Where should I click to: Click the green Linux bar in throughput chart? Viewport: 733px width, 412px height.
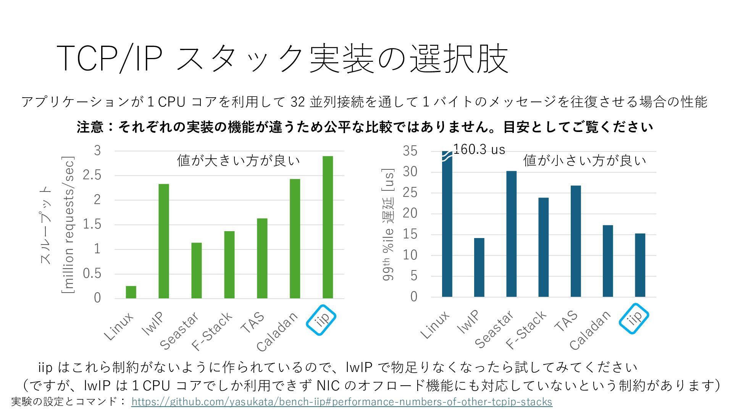pos(131,292)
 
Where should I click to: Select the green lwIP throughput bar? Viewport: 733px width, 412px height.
pos(164,241)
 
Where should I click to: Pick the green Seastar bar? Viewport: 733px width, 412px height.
pos(197,270)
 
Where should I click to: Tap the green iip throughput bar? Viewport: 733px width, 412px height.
pos(328,227)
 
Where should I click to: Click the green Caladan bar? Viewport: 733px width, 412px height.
pos(295,238)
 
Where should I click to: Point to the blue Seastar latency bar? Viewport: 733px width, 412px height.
pos(511,234)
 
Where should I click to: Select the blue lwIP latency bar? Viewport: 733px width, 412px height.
pos(479,267)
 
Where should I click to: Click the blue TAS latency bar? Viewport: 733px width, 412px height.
pos(576,241)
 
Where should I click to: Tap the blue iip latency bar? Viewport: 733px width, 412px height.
pos(640,265)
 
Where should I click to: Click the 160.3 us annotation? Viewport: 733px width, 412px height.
pos(479,150)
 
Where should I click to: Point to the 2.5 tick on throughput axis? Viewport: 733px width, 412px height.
pos(92,175)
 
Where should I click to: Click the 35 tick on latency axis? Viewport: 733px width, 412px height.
pos(410,151)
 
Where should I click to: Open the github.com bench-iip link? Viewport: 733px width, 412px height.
pos(342,402)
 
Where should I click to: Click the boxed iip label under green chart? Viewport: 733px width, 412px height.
pos(321,320)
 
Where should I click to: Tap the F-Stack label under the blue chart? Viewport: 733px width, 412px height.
pos(526,330)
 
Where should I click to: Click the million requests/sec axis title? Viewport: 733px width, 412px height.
pos(68,225)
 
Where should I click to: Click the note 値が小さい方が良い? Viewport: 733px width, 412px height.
pos(584,161)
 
